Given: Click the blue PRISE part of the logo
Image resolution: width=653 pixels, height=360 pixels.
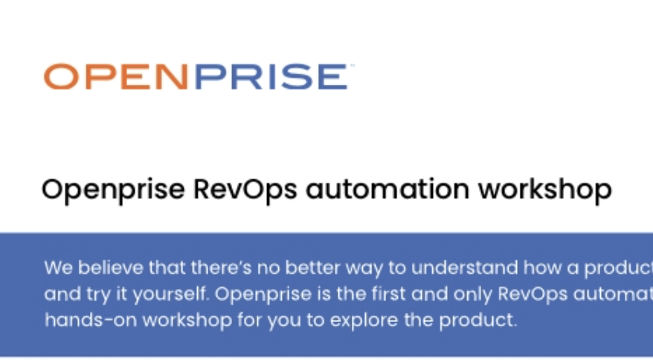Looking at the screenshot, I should pos(271,77).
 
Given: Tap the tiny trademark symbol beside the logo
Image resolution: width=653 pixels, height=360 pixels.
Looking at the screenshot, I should pos(351,66).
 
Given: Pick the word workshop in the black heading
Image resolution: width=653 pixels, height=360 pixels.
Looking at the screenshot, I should pos(544,190).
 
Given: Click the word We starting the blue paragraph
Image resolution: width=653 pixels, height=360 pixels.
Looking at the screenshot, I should pos(55,268).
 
